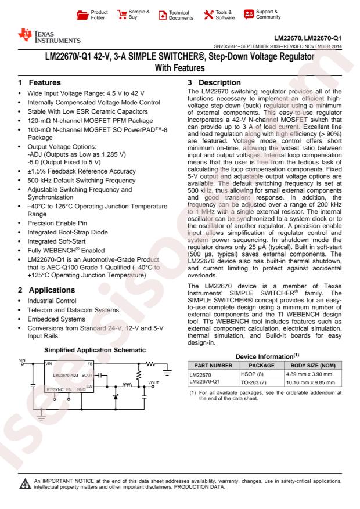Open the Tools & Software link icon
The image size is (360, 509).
coord(204,13)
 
